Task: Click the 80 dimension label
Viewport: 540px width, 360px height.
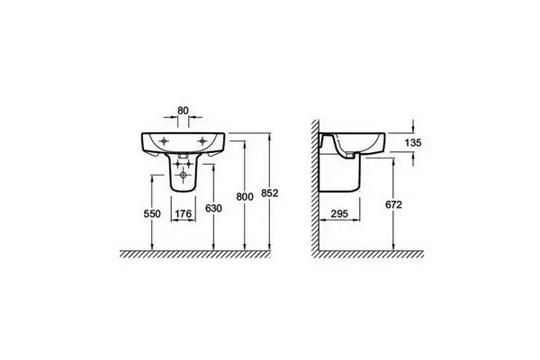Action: pos(184,111)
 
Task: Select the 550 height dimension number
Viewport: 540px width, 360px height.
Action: pos(152,214)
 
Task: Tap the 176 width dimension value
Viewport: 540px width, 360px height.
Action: pos(184,214)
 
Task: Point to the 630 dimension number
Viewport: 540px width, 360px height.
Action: pos(213,209)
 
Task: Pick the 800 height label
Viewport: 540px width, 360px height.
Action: pos(245,197)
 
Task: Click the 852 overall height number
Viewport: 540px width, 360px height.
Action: pos(269,193)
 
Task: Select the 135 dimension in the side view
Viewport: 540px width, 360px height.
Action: pos(413,142)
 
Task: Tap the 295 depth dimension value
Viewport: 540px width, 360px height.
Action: pos(339,213)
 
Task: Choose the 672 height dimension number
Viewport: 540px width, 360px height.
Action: pos(393,204)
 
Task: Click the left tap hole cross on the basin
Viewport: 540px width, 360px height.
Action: pos(165,141)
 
